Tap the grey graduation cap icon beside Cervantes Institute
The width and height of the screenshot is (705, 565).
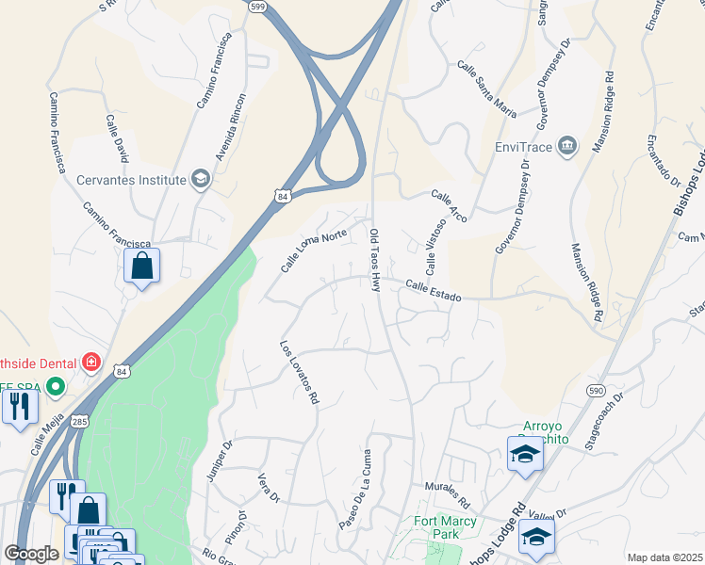(x=200, y=179)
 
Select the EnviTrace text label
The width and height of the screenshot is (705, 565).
(x=523, y=147)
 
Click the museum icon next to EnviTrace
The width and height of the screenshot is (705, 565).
(x=567, y=147)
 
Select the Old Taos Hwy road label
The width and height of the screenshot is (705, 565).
(x=374, y=260)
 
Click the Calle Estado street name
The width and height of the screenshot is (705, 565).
(x=434, y=291)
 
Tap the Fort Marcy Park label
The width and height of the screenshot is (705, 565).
(x=437, y=527)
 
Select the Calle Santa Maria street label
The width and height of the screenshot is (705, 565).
(x=486, y=89)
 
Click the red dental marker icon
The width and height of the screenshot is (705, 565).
(x=91, y=362)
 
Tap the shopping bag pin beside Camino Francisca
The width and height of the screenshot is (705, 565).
(x=141, y=266)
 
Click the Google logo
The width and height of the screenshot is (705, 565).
(x=31, y=555)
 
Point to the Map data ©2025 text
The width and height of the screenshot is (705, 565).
(x=664, y=557)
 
